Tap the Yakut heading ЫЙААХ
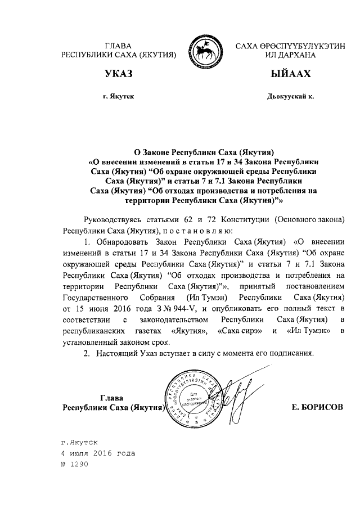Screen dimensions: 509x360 [x=289, y=74]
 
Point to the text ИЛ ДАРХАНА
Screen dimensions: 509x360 [x=289, y=55]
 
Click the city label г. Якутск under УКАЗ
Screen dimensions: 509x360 [x=118, y=97]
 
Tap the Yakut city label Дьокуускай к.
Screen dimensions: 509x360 [x=290, y=97]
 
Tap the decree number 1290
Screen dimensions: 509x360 [x=75, y=464]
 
